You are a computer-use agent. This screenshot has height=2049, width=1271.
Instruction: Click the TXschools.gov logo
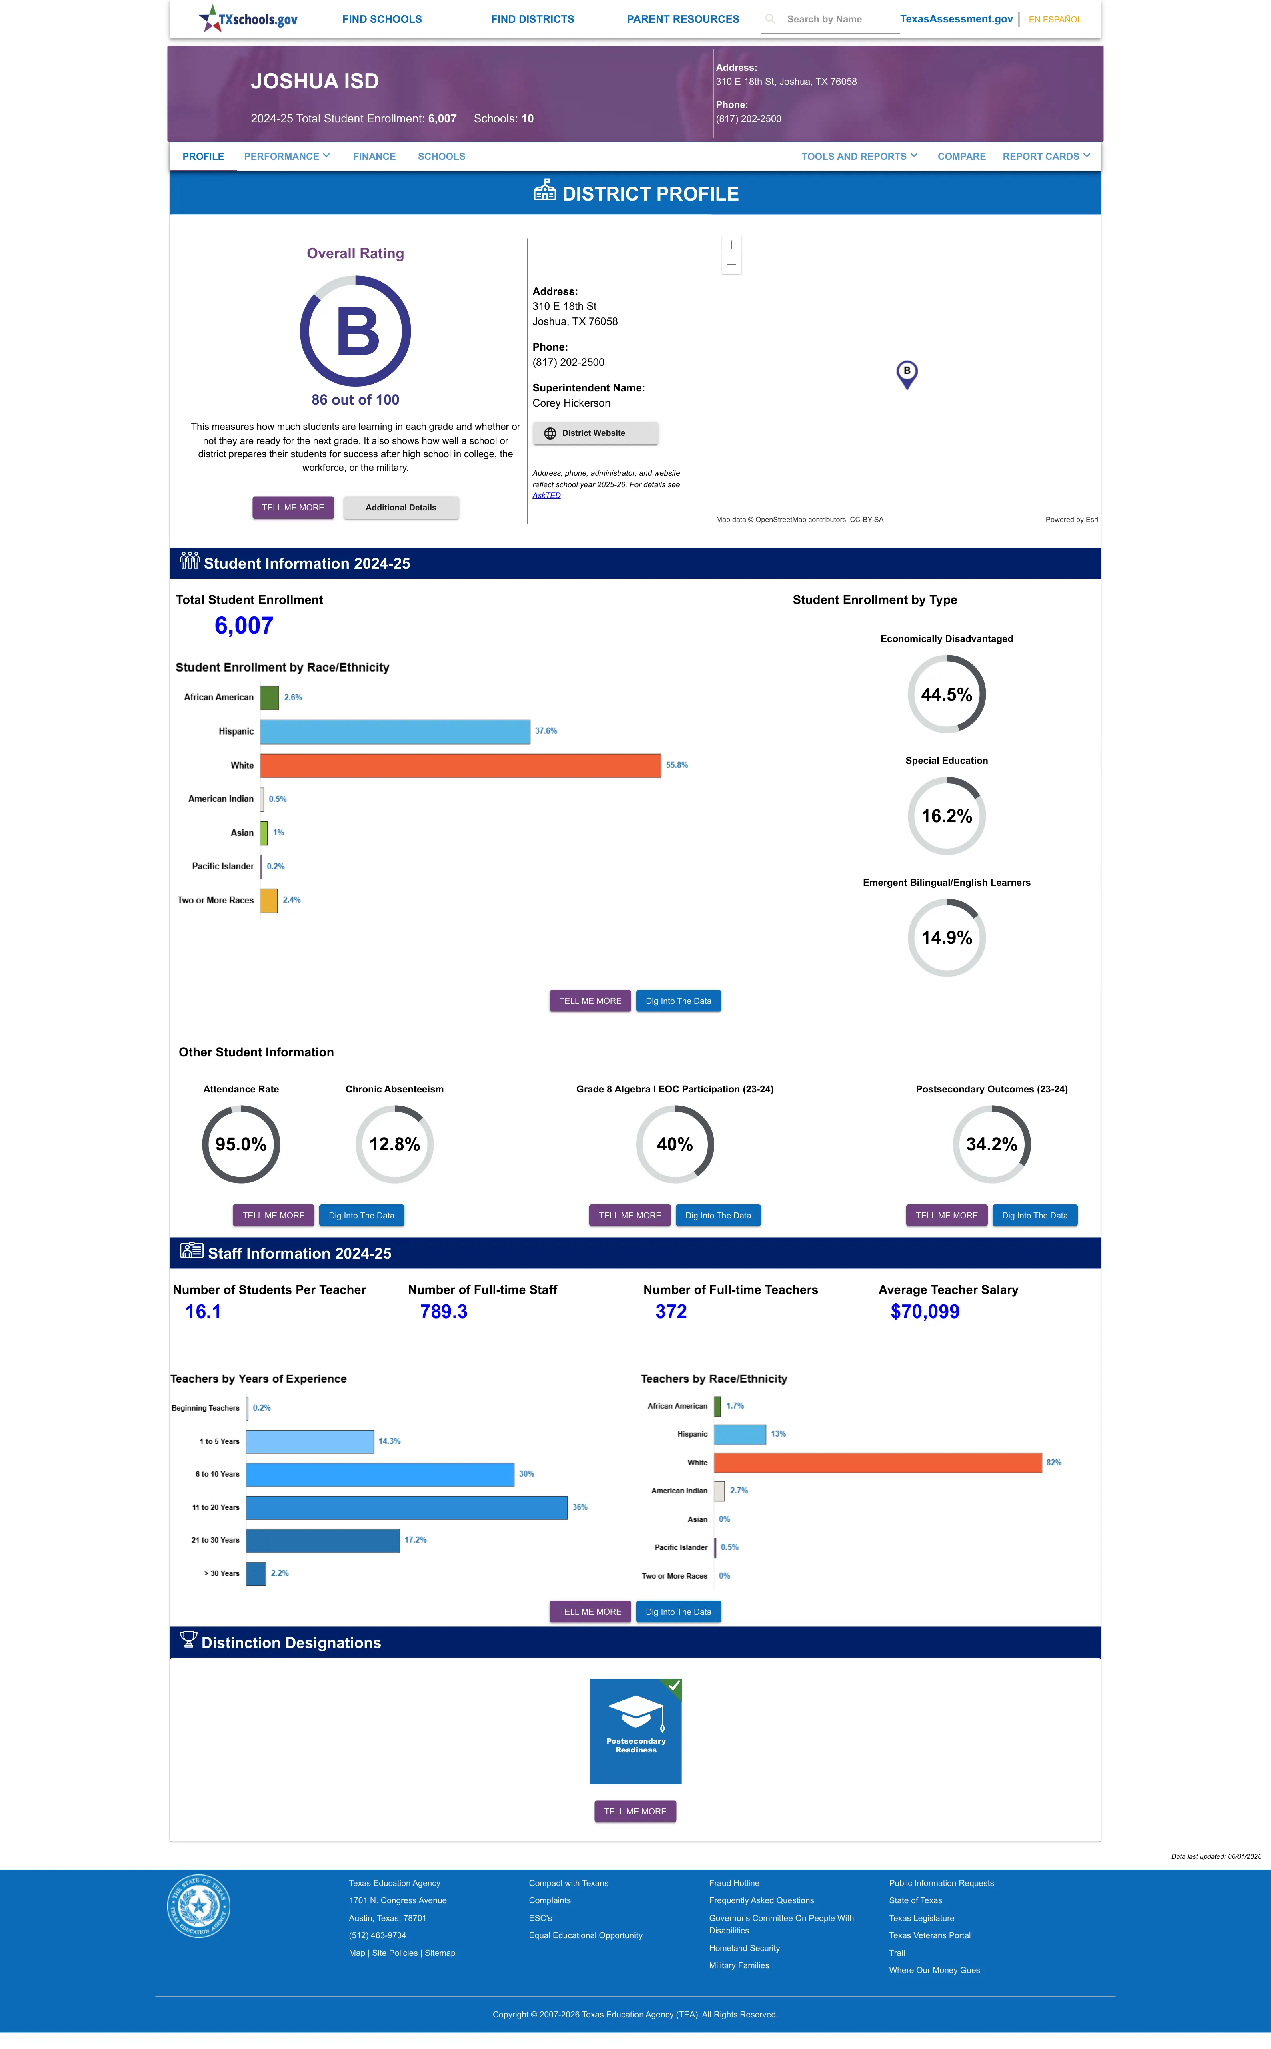pos(248,18)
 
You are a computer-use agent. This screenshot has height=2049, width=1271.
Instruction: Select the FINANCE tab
pos(374,157)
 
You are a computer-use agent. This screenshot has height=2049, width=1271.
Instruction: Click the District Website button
pos(595,433)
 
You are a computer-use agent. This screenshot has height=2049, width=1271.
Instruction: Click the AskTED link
pos(546,495)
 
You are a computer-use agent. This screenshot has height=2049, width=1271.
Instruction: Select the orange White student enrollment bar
pos(460,765)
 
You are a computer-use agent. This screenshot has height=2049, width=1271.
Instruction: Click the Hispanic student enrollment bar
pos(395,731)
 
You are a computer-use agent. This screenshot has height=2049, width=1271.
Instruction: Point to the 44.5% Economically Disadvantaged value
pos(947,694)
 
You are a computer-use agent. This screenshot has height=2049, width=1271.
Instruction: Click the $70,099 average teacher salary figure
pos(925,1312)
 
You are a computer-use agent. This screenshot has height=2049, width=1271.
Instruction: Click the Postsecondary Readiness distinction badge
pos(635,1731)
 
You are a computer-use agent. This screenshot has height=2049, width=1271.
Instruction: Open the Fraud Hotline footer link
pos(734,1883)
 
